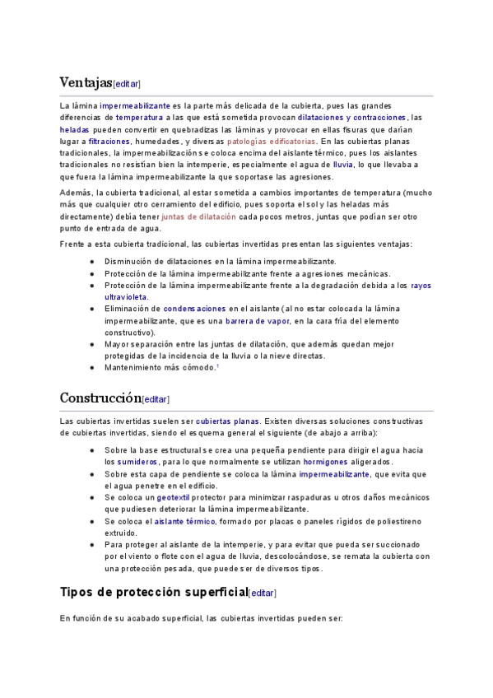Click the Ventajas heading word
pyautogui.click(x=86, y=82)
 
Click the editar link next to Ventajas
pyautogui.click(x=127, y=84)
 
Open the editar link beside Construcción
pyautogui.click(x=156, y=399)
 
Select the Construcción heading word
pyautogui.click(x=100, y=398)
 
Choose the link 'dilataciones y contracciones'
pyautogui.click(x=351, y=118)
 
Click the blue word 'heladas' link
pyautogui.click(x=73, y=130)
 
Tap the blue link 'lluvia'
pyautogui.click(x=342, y=165)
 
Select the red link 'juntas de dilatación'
pyautogui.click(x=198, y=216)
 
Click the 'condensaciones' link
pyautogui.click(x=194, y=309)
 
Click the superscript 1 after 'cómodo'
pyautogui.click(x=216, y=365)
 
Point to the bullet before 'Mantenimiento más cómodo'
pyautogui.click(x=91, y=367)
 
